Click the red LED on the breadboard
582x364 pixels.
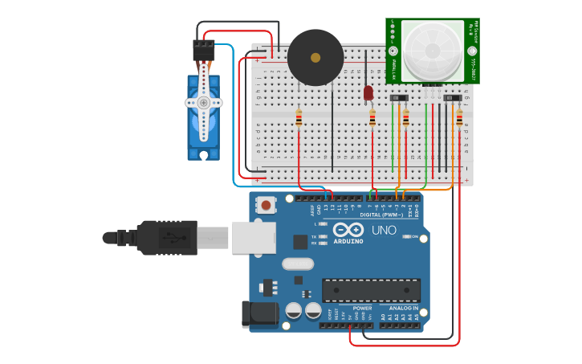tap(368, 93)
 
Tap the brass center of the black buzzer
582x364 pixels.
tap(315, 58)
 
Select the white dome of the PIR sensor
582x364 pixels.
tap(433, 50)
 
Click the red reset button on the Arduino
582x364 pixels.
tap(266, 206)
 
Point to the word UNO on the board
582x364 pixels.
tap(384, 231)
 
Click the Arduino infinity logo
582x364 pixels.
tap(348, 231)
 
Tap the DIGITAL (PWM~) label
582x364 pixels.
tap(382, 215)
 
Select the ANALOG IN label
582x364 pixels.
tap(403, 308)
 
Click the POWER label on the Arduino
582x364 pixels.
tap(362, 308)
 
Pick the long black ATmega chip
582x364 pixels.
tap(371, 290)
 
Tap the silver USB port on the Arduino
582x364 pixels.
tap(254, 238)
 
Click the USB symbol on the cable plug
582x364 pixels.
tap(169, 237)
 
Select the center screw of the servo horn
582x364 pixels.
tap(203, 103)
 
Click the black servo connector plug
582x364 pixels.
tap(203, 51)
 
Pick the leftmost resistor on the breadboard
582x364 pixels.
tap(299, 119)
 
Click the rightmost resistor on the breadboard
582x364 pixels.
tap(459, 119)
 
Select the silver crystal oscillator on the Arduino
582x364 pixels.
tap(297, 264)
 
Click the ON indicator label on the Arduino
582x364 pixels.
tap(416, 236)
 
